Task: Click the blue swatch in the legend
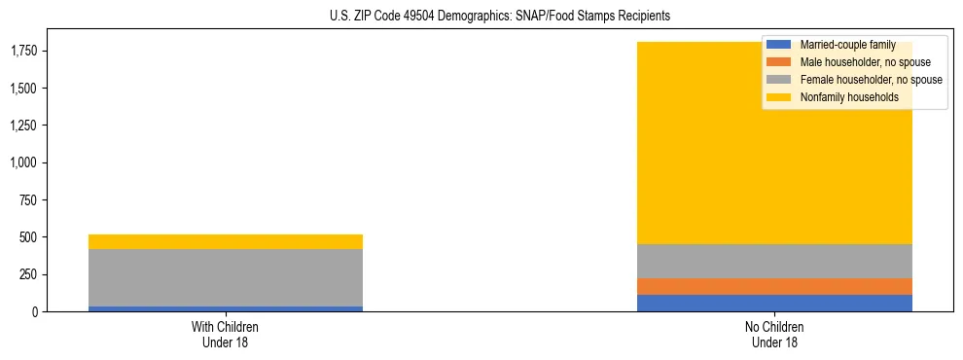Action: (779, 45)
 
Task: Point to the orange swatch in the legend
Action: (779, 62)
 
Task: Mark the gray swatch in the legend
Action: (779, 80)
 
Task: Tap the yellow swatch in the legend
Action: (779, 97)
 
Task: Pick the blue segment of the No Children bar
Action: (774, 303)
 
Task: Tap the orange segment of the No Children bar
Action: (774, 286)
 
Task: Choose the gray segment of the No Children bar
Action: (774, 261)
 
